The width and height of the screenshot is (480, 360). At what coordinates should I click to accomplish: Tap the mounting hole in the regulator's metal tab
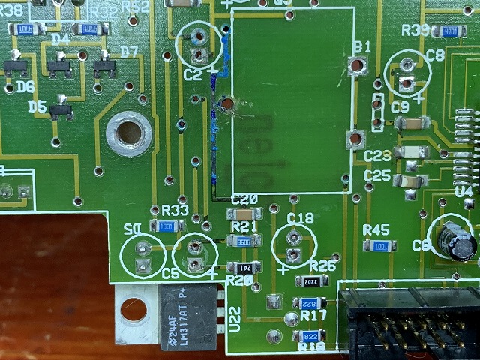click(x=133, y=308)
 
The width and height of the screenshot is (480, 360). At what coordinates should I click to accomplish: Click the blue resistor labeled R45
click(x=379, y=245)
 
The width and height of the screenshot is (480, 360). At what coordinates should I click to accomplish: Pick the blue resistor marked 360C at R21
click(x=244, y=240)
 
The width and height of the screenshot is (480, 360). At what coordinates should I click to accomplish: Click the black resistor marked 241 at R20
click(x=244, y=267)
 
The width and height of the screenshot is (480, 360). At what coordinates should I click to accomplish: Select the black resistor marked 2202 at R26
click(x=310, y=281)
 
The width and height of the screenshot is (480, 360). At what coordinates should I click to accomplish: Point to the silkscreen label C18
click(x=301, y=218)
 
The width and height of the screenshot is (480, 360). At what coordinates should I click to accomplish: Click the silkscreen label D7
click(x=129, y=52)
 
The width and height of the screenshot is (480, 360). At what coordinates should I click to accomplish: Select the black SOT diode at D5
click(x=61, y=110)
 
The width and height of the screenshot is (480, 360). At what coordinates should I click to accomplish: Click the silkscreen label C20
click(x=245, y=199)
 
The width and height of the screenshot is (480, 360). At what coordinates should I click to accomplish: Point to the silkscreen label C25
click(x=377, y=175)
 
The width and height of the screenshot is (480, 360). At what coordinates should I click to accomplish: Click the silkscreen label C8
click(x=435, y=55)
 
